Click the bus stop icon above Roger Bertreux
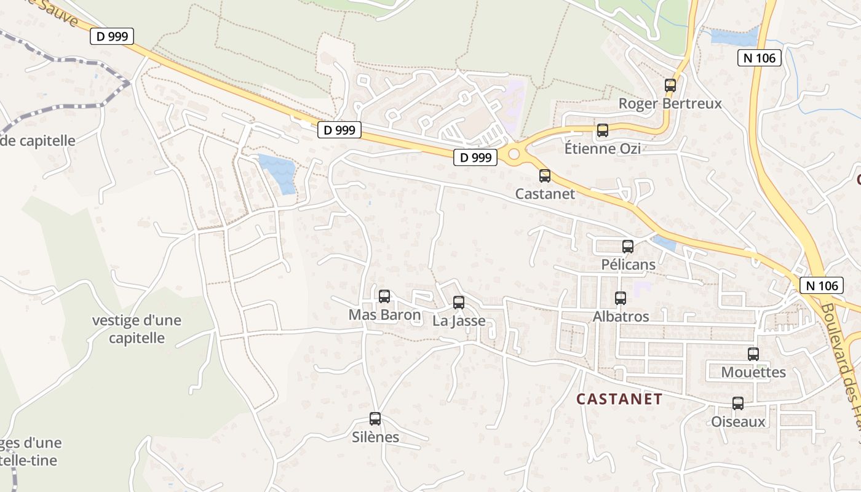[x=670, y=85]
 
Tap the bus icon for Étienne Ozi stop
[x=603, y=130]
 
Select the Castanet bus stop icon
[x=545, y=176]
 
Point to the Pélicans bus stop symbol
[x=628, y=247]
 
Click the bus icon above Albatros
[x=621, y=298]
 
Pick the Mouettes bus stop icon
[x=753, y=354]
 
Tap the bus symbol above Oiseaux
[x=738, y=403]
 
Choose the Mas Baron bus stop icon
[x=384, y=296]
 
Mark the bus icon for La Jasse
[x=459, y=302]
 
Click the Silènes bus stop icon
[x=375, y=419]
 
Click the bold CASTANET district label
[x=619, y=399]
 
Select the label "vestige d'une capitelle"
[x=137, y=329]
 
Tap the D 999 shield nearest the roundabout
[x=475, y=157]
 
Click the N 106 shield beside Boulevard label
[x=822, y=285]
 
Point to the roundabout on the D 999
[x=514, y=153]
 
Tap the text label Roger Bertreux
[x=670, y=103]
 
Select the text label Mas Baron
[x=384, y=315]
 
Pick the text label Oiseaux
[x=738, y=422]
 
